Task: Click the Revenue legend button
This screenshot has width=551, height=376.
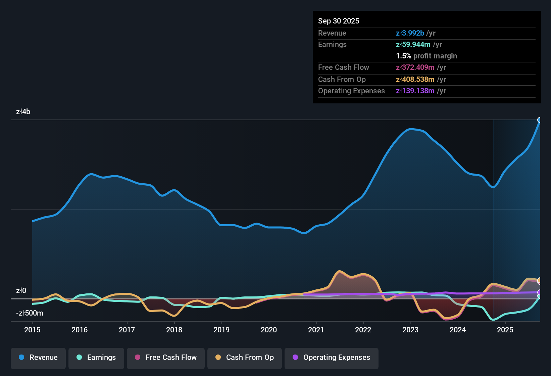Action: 38,358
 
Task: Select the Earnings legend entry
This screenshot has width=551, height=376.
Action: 96,358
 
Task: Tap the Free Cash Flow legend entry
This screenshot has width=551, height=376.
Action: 166,358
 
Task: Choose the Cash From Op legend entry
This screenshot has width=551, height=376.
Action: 245,358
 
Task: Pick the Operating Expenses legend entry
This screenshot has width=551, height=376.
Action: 332,358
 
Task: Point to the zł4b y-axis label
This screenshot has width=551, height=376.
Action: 23,112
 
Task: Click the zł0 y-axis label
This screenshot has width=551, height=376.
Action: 21,291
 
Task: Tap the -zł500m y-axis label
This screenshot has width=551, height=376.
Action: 30,313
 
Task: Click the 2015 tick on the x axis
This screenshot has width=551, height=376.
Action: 32,330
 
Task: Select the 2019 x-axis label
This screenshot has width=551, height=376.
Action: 221,330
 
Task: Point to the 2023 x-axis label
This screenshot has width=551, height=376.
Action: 410,330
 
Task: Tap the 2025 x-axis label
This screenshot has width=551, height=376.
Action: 505,330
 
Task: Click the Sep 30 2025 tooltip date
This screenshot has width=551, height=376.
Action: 339,21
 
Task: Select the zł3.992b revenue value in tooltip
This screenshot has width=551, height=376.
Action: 410,33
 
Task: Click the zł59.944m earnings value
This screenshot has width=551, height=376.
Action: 413,45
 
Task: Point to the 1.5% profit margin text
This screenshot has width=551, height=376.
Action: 427,56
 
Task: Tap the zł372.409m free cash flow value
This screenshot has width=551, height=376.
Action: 415,67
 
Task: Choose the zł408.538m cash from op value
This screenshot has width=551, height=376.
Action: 415,80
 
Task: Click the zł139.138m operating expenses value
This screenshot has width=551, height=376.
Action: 415,91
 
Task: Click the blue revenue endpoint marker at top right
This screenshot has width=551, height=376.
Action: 540,120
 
